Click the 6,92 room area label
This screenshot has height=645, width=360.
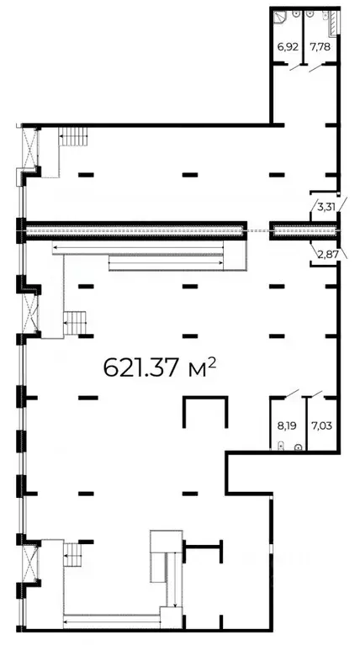(x=288, y=46)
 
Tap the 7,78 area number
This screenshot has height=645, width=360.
(x=320, y=46)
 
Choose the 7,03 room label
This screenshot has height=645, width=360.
(x=322, y=426)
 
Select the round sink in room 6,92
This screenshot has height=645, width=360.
(x=296, y=13)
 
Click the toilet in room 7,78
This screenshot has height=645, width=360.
(x=310, y=14)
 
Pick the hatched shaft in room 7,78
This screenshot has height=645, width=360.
(x=334, y=24)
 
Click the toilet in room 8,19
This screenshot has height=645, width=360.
(x=282, y=446)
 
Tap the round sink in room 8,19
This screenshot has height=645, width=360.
(x=299, y=447)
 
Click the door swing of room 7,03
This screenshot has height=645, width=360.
(x=317, y=394)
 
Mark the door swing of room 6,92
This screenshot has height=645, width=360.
(x=296, y=67)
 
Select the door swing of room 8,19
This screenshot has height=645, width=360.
(x=292, y=394)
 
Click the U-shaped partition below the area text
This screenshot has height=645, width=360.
(x=205, y=398)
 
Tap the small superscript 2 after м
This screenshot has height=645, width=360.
(x=211, y=361)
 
